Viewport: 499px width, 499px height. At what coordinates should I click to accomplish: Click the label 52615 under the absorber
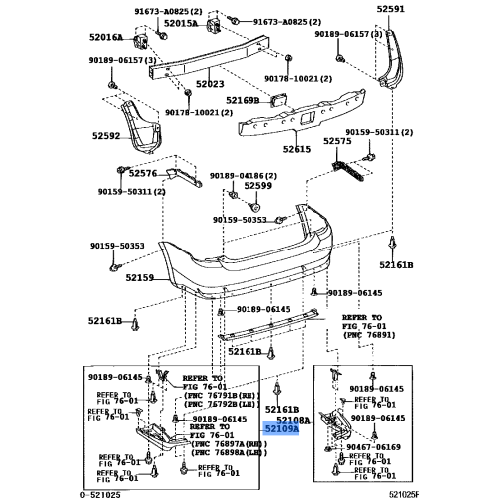pos(297,148)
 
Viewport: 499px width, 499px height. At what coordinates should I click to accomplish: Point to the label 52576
pos(143,172)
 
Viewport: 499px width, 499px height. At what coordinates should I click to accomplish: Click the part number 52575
pos(364,141)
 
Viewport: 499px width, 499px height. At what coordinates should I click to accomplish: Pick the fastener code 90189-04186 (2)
pos(244,175)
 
